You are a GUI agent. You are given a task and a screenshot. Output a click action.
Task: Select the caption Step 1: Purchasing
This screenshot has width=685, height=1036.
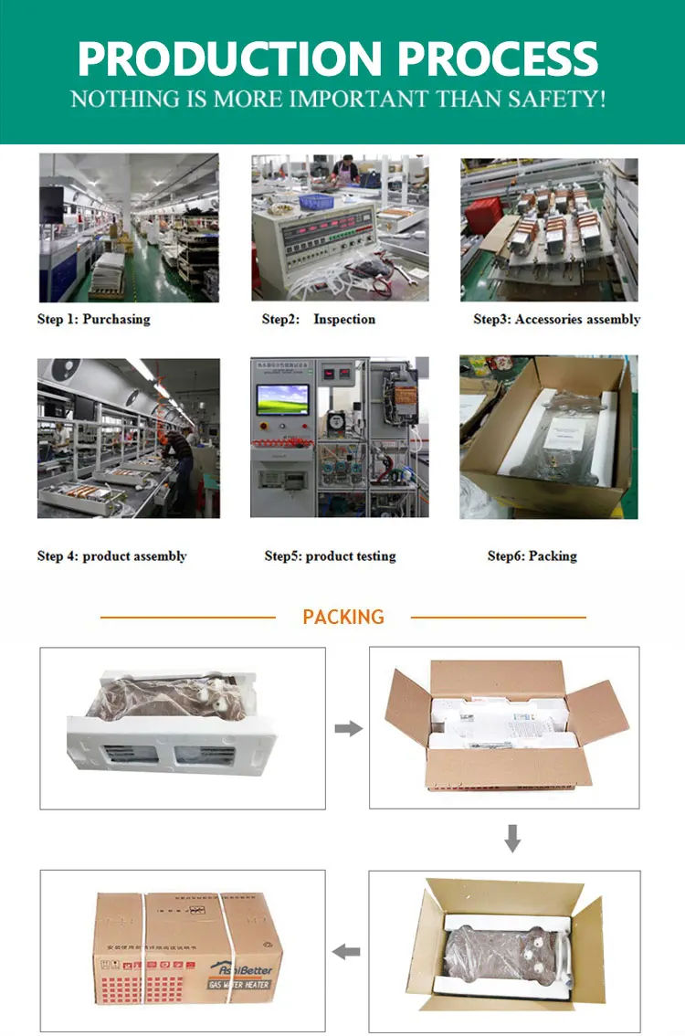click(93, 319)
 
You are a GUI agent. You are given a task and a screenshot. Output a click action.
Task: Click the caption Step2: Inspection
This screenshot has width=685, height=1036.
click(319, 319)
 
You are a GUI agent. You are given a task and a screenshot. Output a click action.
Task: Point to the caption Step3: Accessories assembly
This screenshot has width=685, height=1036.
click(556, 319)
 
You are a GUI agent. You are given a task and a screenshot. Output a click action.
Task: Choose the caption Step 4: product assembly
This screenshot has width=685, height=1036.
click(111, 555)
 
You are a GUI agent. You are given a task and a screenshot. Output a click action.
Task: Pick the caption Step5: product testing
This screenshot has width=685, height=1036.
click(330, 555)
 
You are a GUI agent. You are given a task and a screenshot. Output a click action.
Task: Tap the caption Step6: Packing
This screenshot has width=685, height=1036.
click(532, 555)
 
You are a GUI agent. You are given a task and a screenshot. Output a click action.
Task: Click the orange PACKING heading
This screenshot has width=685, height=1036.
click(343, 617)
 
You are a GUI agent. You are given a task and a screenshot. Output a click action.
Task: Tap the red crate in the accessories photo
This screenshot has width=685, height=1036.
click(482, 217)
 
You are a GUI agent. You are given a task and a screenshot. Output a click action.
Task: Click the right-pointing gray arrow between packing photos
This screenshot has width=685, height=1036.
click(347, 728)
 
